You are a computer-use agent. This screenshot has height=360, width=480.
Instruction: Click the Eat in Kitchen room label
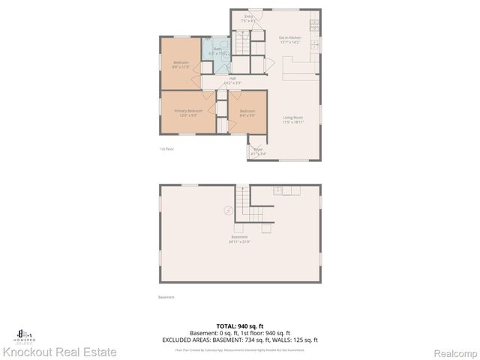click(289, 40)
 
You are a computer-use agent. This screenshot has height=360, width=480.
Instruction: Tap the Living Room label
click(292, 118)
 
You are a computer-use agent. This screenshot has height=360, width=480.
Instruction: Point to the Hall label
click(232, 80)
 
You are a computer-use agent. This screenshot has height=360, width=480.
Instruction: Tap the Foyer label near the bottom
click(258, 152)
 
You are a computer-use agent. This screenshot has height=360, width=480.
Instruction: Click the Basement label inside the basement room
click(239, 239)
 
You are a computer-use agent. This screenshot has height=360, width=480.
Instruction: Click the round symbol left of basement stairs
click(228, 211)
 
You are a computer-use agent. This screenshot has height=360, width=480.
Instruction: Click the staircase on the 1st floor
click(241, 42)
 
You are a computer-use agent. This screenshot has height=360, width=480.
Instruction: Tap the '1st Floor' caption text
click(166, 148)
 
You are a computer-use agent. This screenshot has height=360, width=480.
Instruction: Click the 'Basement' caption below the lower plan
click(166, 297)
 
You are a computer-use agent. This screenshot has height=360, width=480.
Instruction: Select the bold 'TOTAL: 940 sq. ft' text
click(239, 325)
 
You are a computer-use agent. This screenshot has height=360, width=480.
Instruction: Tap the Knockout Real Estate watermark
click(60, 351)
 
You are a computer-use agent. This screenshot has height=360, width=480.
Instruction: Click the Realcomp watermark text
click(453, 351)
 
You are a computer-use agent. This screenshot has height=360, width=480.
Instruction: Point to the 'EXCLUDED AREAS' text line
click(239, 340)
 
